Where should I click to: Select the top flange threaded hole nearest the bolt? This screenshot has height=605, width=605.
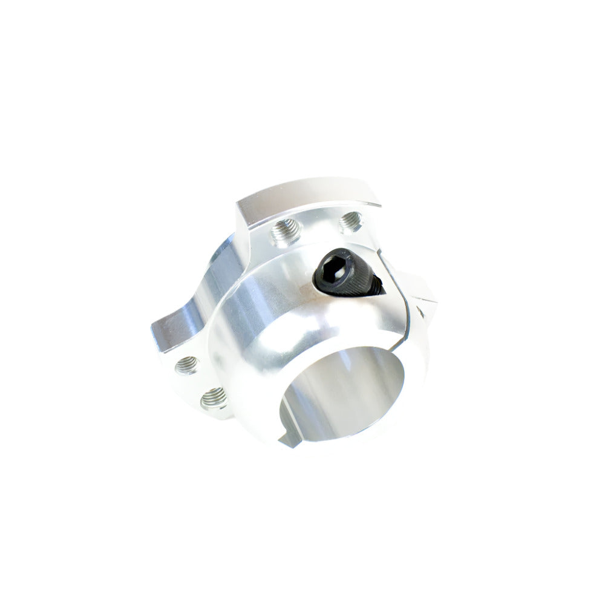pos(350,221)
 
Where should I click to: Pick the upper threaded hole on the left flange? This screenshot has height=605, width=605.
pos(187,364)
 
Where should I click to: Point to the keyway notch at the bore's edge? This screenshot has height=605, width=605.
pos(289,437)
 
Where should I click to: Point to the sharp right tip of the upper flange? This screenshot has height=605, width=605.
pos(380,204)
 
